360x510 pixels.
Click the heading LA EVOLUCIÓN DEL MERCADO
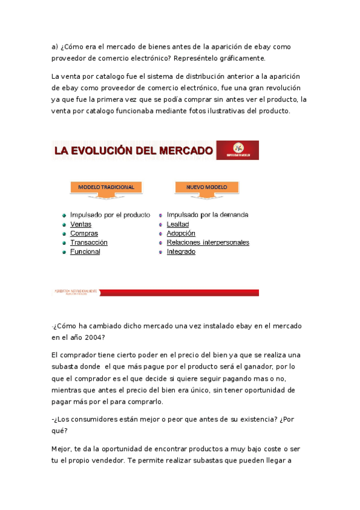point(133,150)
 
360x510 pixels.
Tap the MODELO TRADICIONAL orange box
point(106,187)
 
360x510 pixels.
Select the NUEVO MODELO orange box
point(206,187)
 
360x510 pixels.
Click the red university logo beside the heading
point(237,150)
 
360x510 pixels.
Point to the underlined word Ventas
point(81,224)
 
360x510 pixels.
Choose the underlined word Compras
point(84,233)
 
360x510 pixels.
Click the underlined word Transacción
point(88,242)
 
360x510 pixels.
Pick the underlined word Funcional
point(85,251)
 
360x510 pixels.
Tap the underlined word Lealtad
point(178,224)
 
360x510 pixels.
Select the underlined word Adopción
point(181,233)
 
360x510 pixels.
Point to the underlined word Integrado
point(181,251)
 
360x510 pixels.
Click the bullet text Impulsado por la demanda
point(207,215)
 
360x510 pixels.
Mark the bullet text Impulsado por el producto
point(110,215)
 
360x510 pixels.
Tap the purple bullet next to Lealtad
point(160,224)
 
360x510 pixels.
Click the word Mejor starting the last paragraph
point(61,449)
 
